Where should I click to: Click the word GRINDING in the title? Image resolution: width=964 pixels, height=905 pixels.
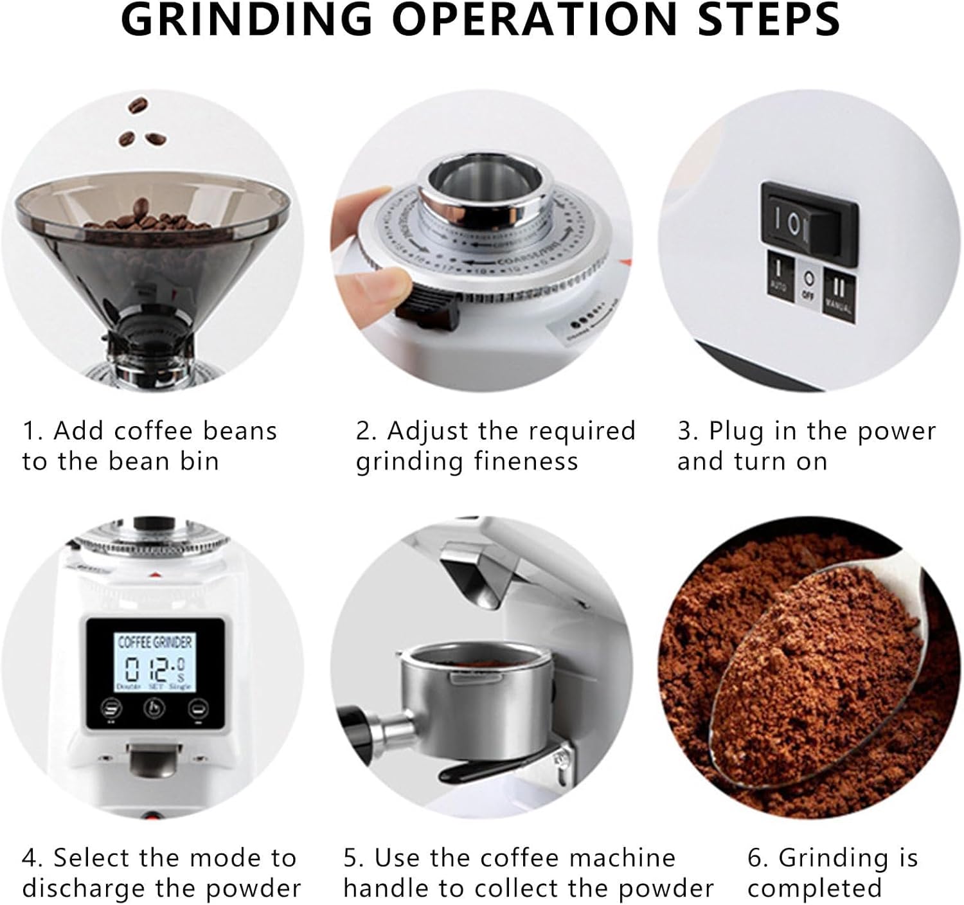point(247,19)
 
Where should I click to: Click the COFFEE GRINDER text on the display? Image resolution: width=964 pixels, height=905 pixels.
point(155,641)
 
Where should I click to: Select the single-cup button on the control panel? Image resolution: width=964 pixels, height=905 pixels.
point(196,708)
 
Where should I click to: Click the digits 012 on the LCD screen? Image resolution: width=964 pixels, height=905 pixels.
point(149,670)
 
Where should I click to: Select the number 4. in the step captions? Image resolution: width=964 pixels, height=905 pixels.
point(32,858)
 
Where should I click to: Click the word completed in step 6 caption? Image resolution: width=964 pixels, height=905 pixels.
point(814,888)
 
